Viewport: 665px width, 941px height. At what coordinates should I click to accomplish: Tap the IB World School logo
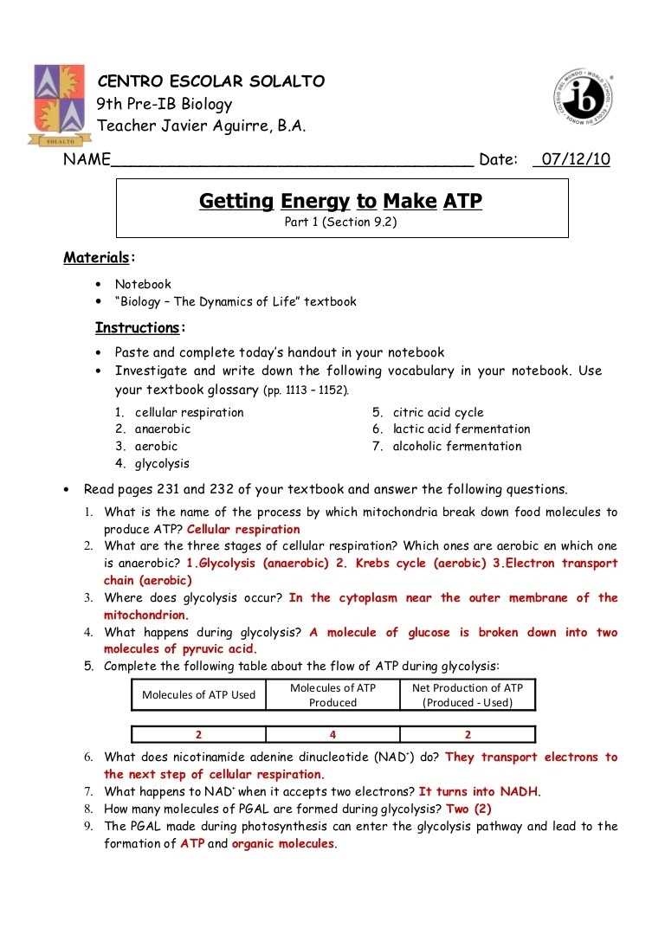585,95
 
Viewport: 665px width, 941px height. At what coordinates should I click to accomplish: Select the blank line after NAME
292,161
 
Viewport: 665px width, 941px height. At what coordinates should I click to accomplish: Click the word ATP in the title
462,202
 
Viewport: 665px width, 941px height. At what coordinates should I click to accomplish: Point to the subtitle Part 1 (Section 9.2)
341,222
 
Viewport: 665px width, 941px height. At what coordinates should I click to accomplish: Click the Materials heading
95,257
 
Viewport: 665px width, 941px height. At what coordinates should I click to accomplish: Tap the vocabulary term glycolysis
162,463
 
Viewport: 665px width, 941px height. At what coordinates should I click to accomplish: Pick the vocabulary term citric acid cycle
438,412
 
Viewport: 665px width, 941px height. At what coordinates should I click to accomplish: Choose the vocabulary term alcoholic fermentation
457,447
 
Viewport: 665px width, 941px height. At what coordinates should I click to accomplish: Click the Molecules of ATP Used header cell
198,694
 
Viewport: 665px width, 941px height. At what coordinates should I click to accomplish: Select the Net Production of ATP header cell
468,695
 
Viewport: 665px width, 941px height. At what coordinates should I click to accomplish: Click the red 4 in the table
332,735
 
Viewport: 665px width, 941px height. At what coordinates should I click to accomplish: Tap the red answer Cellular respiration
243,529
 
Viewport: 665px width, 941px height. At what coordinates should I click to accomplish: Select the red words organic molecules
282,843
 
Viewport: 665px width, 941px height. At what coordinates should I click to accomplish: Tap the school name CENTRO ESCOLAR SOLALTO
211,82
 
